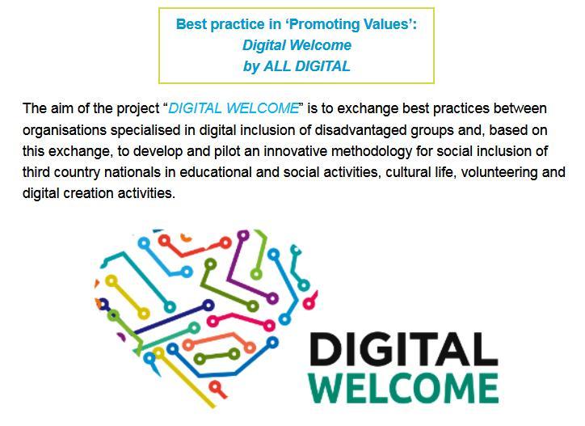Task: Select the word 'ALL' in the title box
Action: tap(278, 66)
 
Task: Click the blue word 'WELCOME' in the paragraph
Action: tap(263, 108)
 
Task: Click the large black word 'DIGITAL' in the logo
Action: tap(404, 349)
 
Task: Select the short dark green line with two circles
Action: tap(217, 356)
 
